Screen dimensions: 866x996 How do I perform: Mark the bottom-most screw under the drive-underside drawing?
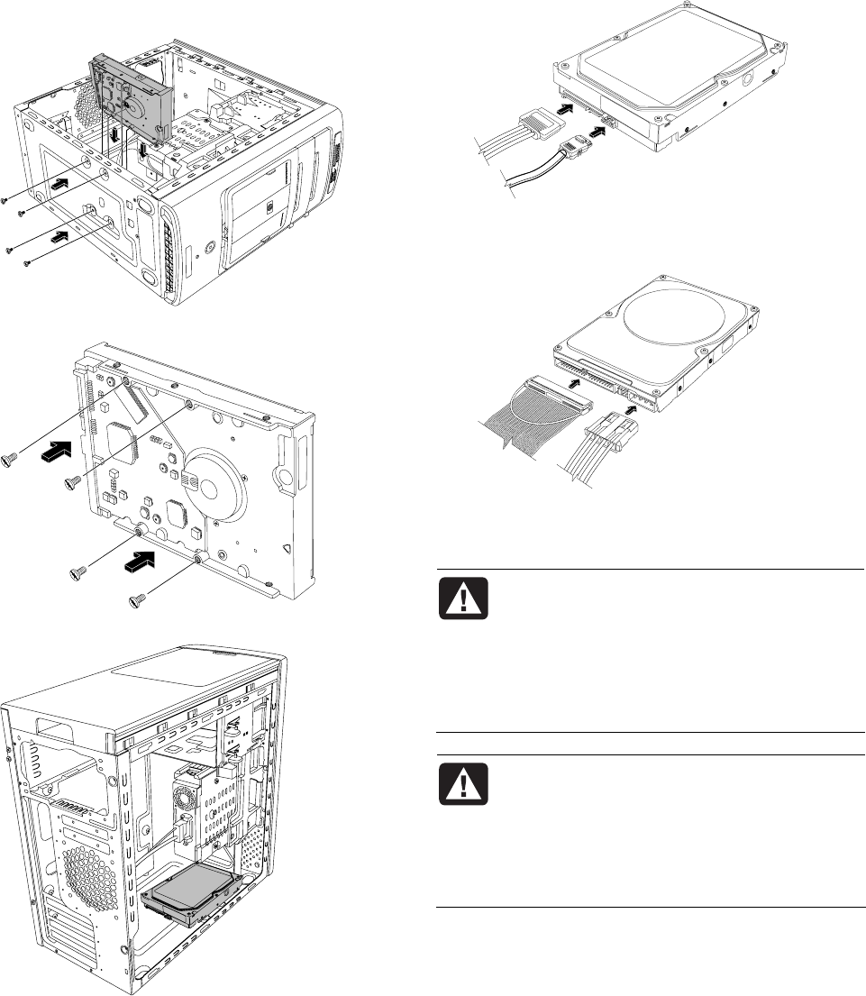click(138, 599)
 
